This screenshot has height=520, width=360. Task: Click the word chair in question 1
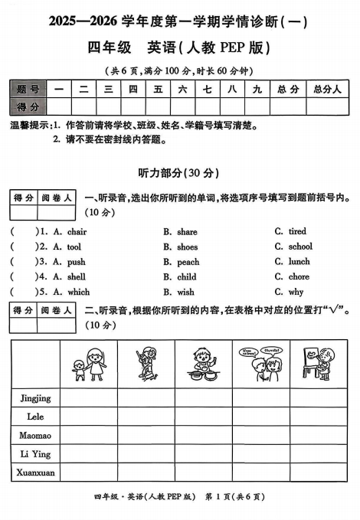pyautogui.click(x=77, y=232)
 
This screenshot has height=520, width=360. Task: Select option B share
pyautogui.click(x=187, y=232)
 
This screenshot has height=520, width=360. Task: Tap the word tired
pyautogui.click(x=296, y=231)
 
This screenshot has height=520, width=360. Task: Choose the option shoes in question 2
pyautogui.click(x=187, y=247)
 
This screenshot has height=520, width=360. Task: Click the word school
pyautogui.click(x=299, y=247)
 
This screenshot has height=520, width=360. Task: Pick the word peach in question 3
pyautogui.click(x=188, y=262)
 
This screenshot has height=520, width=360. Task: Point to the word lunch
pyautogui.click(x=299, y=261)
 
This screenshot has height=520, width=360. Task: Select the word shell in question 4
pyautogui.click(x=77, y=277)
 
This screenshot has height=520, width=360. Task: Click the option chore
pyautogui.click(x=299, y=276)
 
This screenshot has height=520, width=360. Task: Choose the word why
pyautogui.click(x=296, y=292)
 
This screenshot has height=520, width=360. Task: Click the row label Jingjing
pyautogui.click(x=34, y=398)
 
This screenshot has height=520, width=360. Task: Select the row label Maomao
pyautogui.click(x=34, y=436)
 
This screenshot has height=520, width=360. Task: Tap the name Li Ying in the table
pyautogui.click(x=34, y=455)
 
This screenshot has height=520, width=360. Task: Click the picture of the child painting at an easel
pyautogui.click(x=316, y=361)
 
